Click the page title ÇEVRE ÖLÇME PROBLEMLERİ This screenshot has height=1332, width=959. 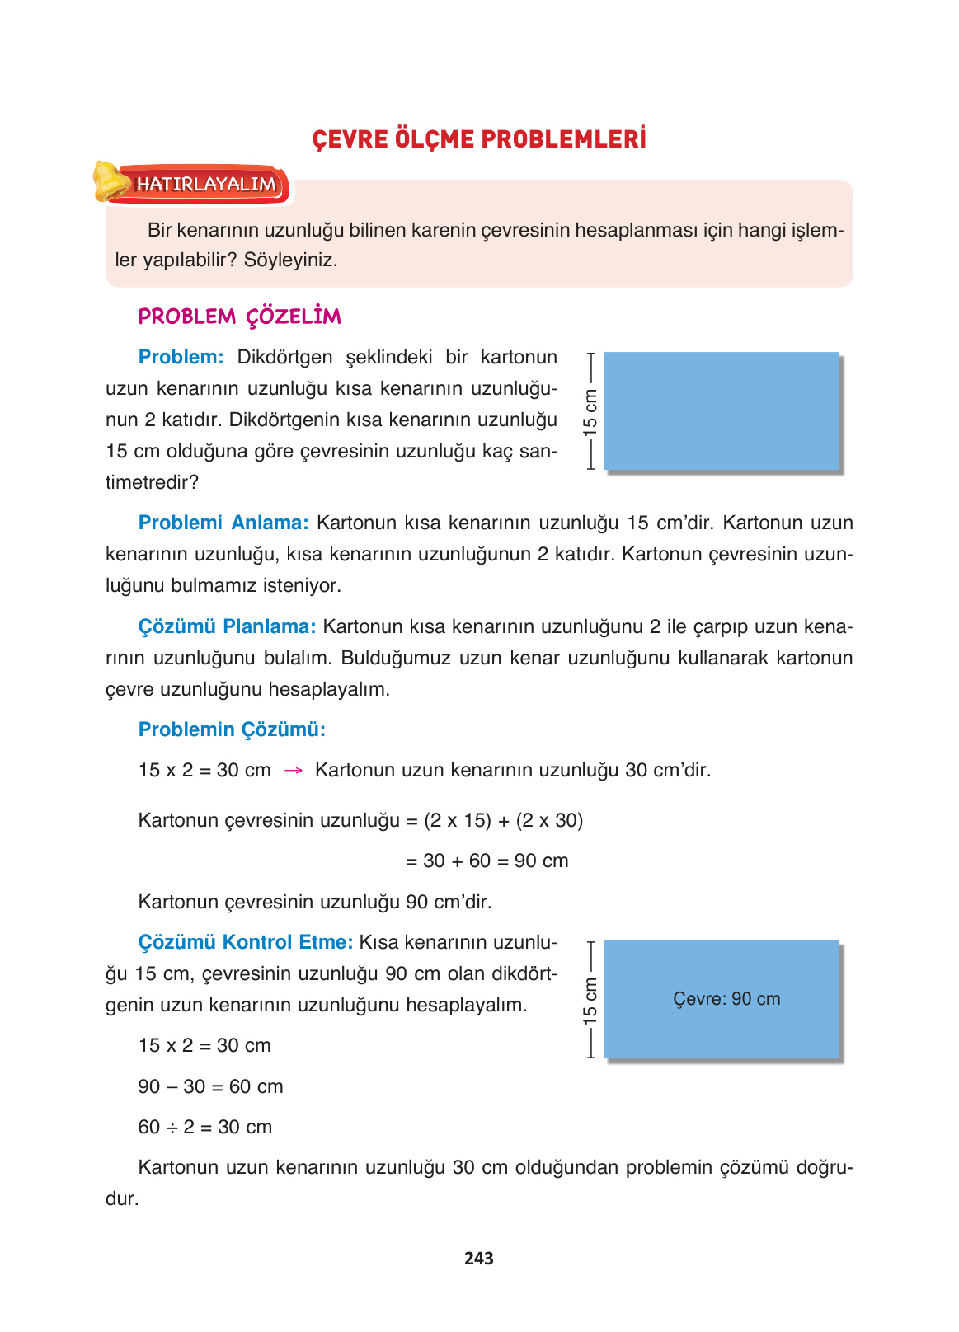pyautogui.click(x=479, y=138)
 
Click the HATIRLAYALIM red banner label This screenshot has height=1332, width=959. pyautogui.click(x=206, y=184)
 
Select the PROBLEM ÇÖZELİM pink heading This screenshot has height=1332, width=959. pyautogui.click(x=239, y=317)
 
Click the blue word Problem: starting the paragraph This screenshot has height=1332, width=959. pyautogui.click(x=181, y=357)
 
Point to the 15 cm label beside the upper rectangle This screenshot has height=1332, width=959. pyautogui.click(x=590, y=411)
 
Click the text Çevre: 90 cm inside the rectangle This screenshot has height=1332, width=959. pyautogui.click(x=726, y=999)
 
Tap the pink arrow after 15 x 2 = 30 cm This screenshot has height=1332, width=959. pyautogui.click(x=293, y=771)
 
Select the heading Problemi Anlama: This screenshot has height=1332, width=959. pyautogui.click(x=223, y=523)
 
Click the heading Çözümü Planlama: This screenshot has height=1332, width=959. pyautogui.click(x=227, y=626)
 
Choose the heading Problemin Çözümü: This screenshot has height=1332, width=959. pyautogui.click(x=232, y=729)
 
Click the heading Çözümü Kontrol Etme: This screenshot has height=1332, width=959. pyautogui.click(x=245, y=942)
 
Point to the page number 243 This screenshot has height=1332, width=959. pyautogui.click(x=478, y=1258)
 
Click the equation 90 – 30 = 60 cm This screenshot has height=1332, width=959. pyautogui.click(x=210, y=1086)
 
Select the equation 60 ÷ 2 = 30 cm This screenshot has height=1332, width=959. pyautogui.click(x=204, y=1127)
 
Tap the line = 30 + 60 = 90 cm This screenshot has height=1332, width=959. pyautogui.click(x=487, y=861)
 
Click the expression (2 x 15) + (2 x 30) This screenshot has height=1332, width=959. pyautogui.click(x=503, y=820)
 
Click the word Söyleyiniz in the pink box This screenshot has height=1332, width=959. pyautogui.click(x=290, y=260)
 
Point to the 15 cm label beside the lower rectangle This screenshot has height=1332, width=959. pyautogui.click(x=590, y=1000)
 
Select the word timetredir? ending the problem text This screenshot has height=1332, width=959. pyautogui.click(x=152, y=482)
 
